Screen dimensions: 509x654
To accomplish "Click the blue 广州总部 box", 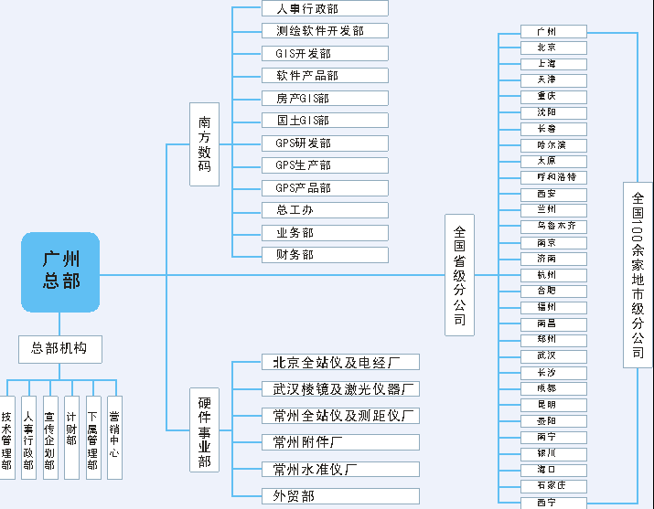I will (60, 271).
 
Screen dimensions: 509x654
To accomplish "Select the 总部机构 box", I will (60, 348).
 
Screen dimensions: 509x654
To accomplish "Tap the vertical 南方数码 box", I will (204, 144).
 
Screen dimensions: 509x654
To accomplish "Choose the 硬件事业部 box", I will (204, 429).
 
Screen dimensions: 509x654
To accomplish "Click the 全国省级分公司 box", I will (459, 275).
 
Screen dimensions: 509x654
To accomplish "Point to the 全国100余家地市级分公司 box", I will (638, 274).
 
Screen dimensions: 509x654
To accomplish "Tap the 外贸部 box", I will (339, 496).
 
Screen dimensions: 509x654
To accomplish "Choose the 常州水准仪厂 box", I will (339, 470).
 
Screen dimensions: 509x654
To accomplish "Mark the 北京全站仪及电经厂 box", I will (339, 363).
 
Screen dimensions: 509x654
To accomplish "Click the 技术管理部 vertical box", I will (7, 438).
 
